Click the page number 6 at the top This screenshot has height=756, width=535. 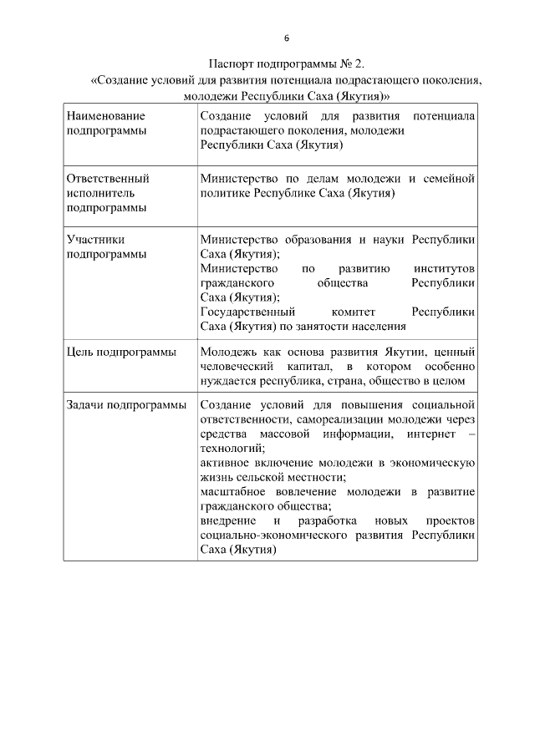click(287, 38)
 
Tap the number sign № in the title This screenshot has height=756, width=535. click(349, 65)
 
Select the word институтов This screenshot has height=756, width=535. click(444, 269)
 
